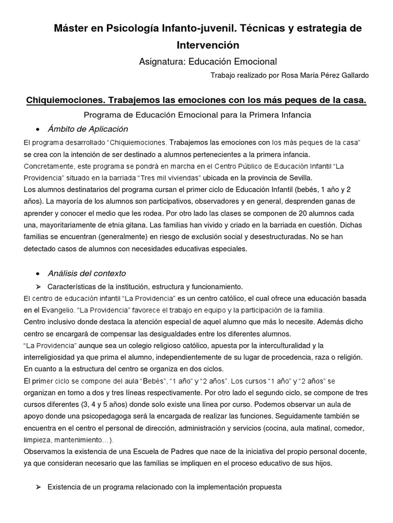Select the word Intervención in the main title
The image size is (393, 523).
coord(208,44)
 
